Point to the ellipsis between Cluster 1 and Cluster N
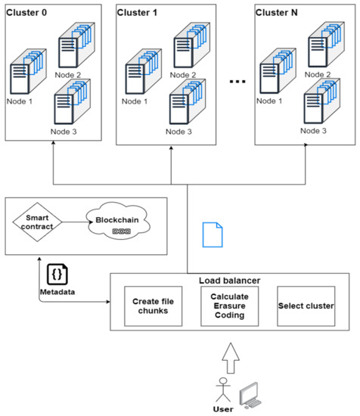click(237, 81)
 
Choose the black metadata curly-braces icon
click(56, 274)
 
